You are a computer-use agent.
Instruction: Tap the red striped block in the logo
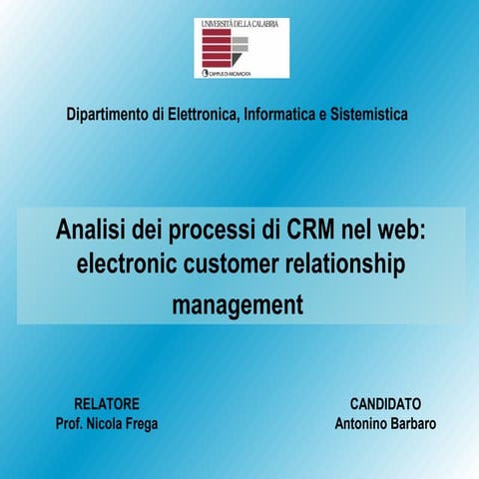pyautogui.click(x=218, y=47)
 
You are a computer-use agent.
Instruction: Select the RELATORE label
pyautogui.click(x=107, y=403)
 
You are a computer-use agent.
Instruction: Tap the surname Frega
pyautogui.click(x=138, y=423)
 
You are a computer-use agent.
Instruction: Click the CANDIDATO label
pyautogui.click(x=385, y=403)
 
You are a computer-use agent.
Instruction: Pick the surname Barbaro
pyautogui.click(x=412, y=423)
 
